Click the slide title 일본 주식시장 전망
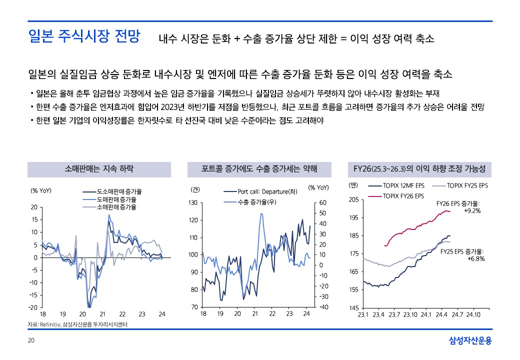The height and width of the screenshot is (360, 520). tap(84, 37)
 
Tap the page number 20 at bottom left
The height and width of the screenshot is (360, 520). tap(31, 340)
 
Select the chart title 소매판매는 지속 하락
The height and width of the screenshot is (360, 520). tap(99, 168)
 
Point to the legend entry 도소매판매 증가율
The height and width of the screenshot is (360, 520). tap(119, 191)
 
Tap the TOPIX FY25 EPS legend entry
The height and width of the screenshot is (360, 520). tap(467, 185)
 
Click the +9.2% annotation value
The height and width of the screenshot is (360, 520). tap(472, 210)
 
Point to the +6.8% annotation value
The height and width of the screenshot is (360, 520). tap(476, 258)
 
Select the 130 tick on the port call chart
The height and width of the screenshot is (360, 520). tap(193, 203)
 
